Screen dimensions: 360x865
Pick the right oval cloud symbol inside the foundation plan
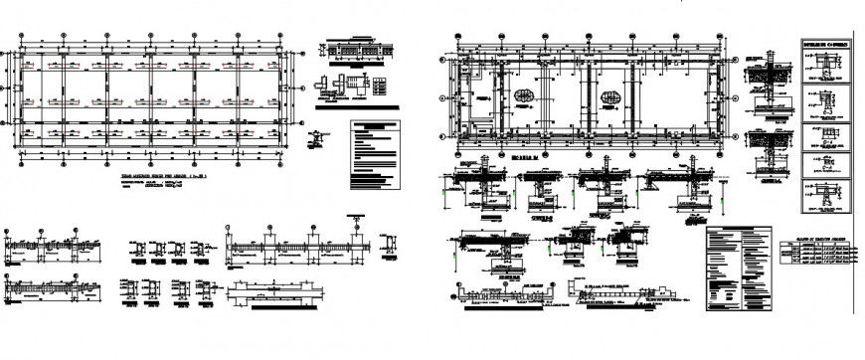(x=610, y=96)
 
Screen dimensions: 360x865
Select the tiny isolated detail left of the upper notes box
(x=316, y=137)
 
